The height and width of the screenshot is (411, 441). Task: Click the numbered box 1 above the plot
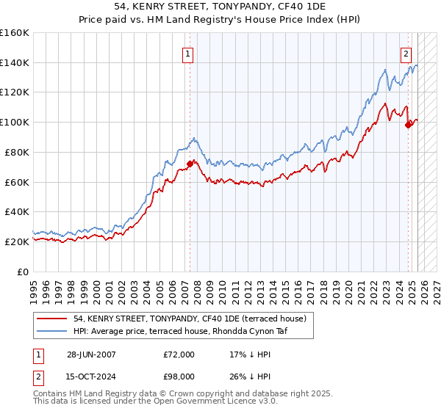(188, 54)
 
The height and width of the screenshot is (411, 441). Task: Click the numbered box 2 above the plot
(406, 54)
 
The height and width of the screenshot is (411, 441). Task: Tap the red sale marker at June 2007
(190, 164)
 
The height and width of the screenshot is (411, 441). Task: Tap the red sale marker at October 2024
(408, 125)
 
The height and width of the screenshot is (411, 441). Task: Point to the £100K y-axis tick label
(15, 122)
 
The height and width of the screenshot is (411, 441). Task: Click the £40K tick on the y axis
(17, 211)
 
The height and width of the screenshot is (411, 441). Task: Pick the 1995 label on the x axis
(33, 287)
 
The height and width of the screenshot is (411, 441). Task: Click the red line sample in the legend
(51, 319)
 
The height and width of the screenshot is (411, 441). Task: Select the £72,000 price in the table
(180, 354)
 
